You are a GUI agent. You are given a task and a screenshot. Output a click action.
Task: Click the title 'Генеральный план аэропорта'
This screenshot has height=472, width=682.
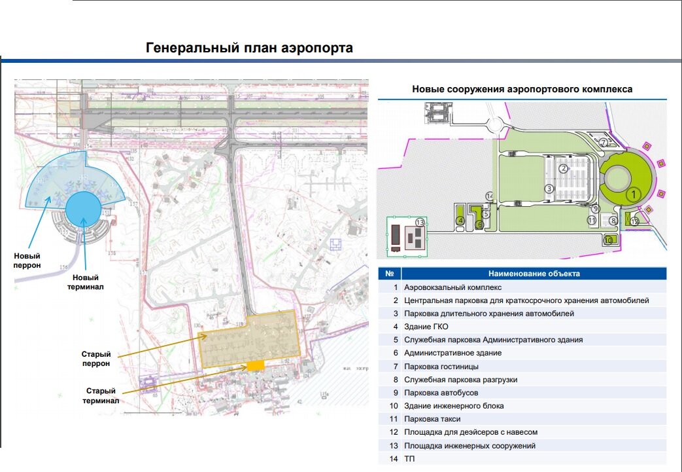click(248, 48)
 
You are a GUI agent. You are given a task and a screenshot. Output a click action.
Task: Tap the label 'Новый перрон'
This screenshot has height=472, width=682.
click(27, 261)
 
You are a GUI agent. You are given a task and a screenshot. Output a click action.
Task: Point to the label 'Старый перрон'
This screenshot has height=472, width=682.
click(95, 359)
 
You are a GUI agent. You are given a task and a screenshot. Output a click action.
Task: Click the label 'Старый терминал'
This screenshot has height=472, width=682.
click(101, 395)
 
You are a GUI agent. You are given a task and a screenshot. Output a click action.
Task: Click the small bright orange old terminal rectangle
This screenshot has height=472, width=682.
click(255, 365)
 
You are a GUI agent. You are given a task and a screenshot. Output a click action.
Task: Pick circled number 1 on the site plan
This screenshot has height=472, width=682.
click(632, 194)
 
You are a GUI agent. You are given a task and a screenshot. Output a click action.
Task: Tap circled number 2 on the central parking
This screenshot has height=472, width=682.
click(562, 168)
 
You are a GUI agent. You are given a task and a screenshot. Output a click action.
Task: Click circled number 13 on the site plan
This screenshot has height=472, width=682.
click(420, 223)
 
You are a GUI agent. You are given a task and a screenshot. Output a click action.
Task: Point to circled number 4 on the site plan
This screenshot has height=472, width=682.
click(460, 221)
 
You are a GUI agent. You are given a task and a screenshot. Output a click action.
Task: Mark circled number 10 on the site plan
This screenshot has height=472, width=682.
click(608, 240)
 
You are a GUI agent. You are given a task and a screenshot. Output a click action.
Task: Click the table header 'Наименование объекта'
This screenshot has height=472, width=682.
click(534, 274)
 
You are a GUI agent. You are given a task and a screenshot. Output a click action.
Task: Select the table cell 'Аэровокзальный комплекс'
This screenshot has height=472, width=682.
click(452, 287)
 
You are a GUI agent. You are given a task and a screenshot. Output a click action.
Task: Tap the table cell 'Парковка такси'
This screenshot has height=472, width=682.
click(432, 419)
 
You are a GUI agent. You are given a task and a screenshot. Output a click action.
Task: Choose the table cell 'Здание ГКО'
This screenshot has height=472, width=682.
click(426, 327)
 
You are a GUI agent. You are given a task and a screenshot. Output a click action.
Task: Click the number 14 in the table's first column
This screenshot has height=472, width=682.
click(393, 459)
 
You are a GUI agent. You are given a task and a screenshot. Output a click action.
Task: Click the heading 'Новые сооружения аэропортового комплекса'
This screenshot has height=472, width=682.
click(522, 89)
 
